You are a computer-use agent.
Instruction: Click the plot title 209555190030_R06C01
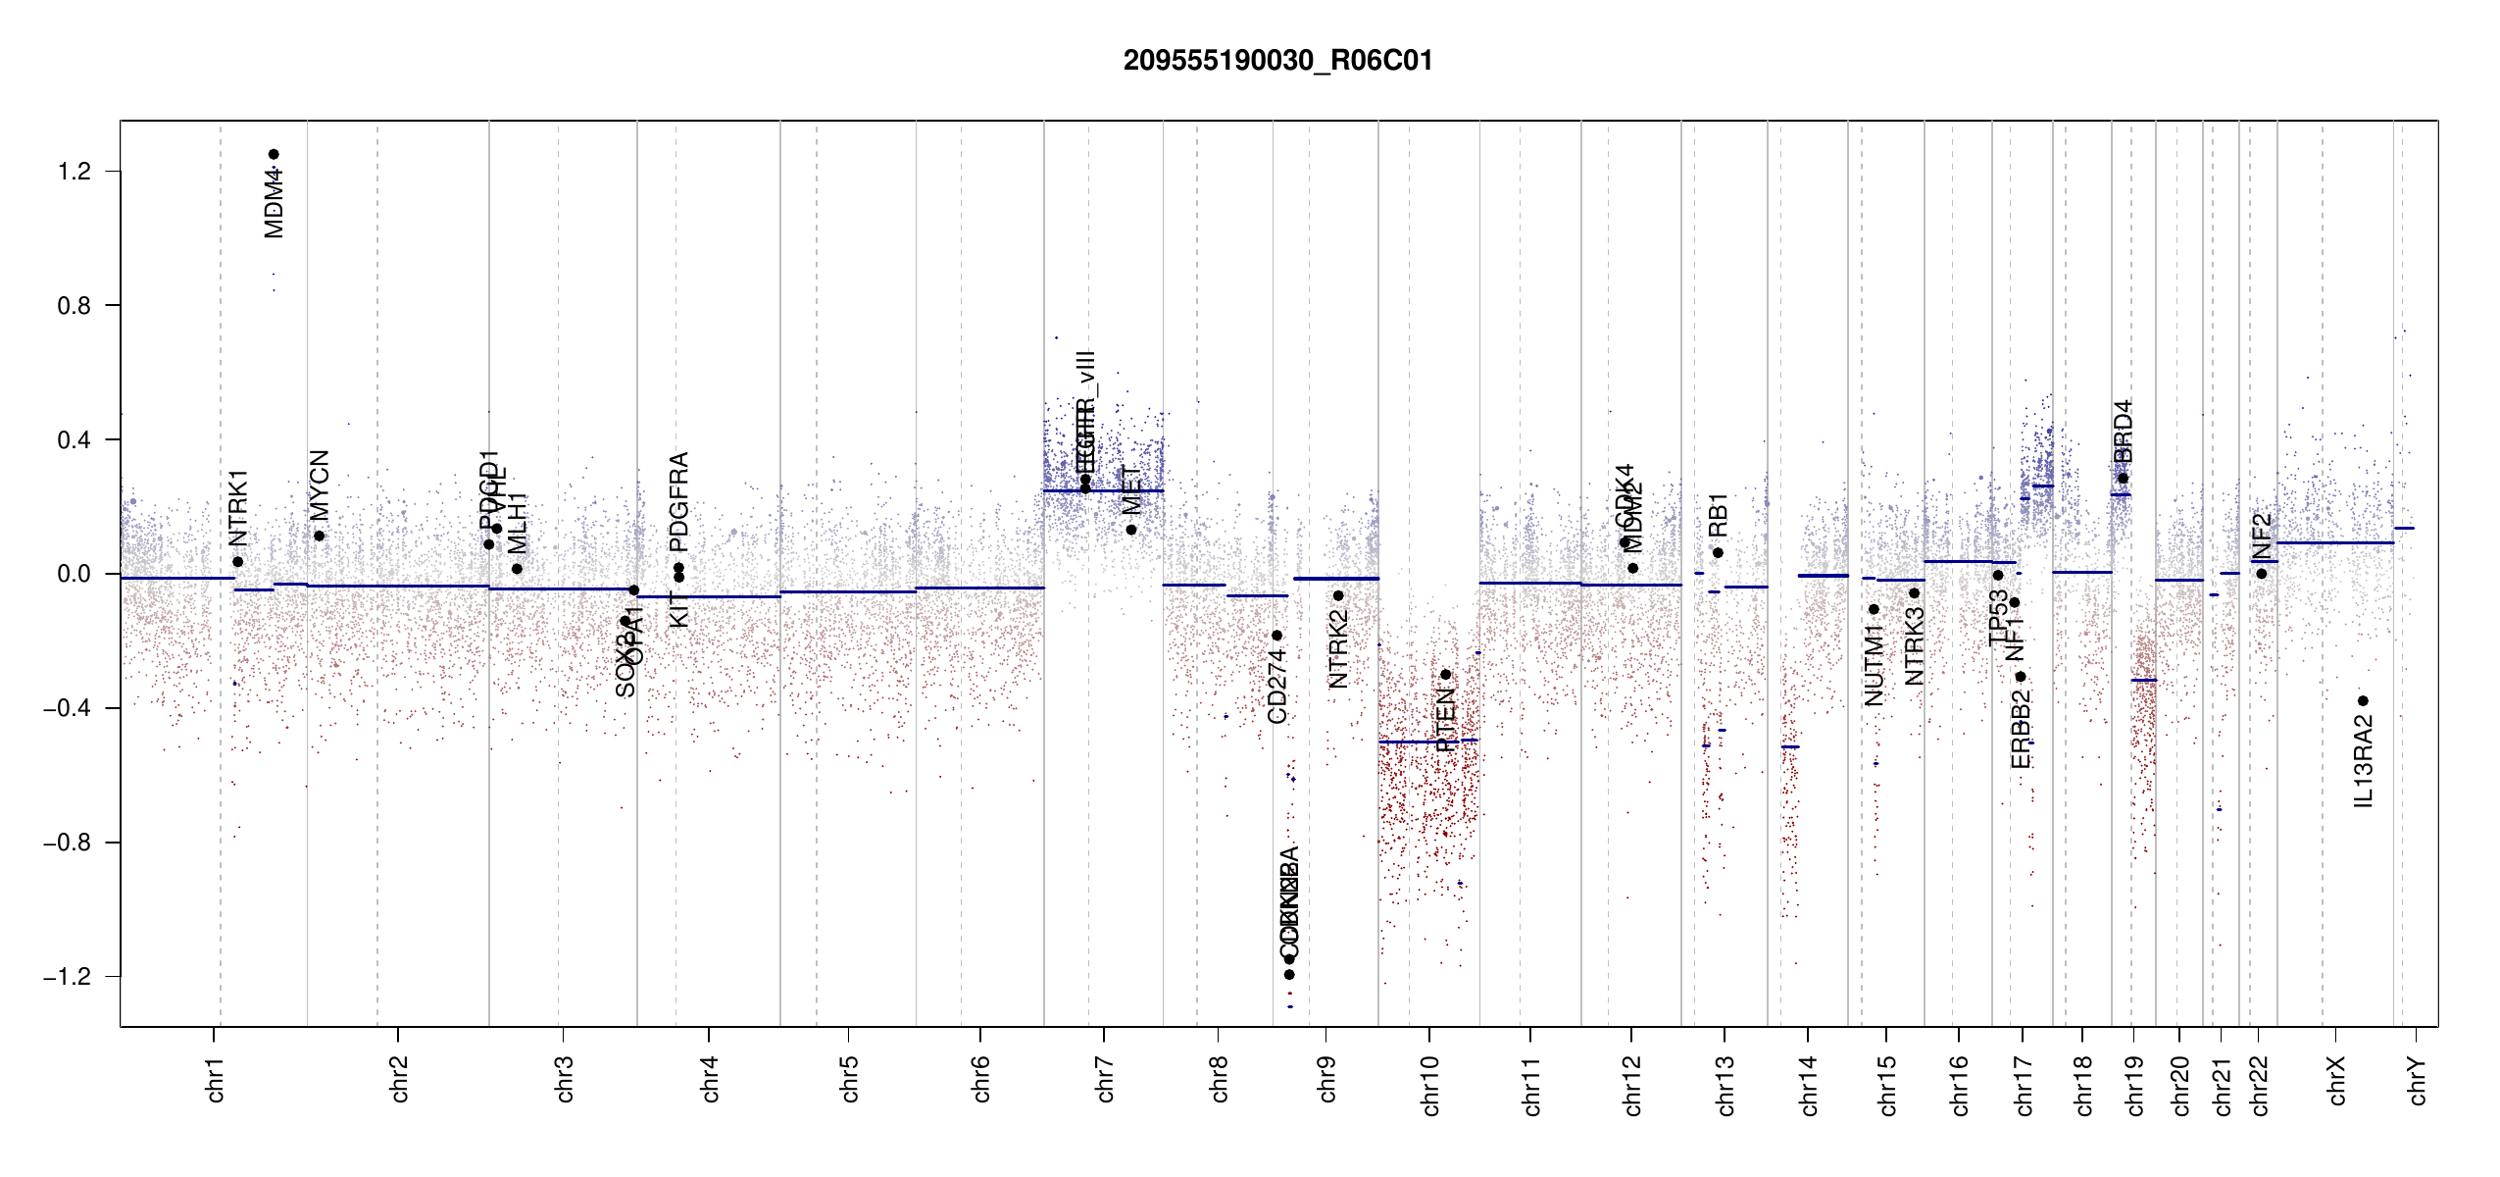(x=1277, y=61)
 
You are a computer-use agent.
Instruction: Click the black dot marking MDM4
(x=275, y=154)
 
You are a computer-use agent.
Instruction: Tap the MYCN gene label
(x=320, y=485)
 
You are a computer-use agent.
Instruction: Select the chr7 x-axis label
(x=1105, y=1079)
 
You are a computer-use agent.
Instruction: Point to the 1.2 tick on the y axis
(x=74, y=172)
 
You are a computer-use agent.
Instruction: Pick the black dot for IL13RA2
(x=2364, y=701)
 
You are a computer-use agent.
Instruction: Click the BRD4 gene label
(x=2124, y=432)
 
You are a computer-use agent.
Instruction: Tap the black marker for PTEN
(x=1445, y=675)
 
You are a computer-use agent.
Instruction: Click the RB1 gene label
(x=1718, y=514)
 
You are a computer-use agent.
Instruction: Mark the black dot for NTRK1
(x=237, y=562)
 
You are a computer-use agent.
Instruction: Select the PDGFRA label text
(x=678, y=501)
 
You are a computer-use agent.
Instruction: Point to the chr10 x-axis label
(x=1430, y=1085)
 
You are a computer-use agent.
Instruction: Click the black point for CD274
(x=1276, y=636)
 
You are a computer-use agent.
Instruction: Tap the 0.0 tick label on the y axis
(x=74, y=574)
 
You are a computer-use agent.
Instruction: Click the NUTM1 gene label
(x=1875, y=669)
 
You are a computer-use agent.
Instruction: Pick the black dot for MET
(x=1131, y=530)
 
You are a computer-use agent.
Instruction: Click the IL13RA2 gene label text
(x=2364, y=761)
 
